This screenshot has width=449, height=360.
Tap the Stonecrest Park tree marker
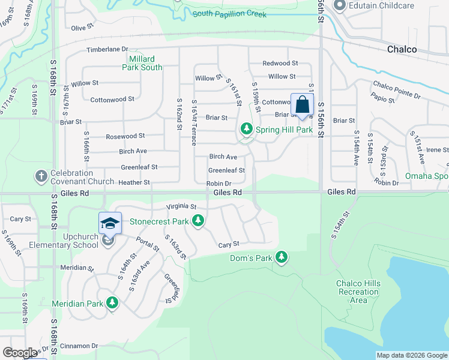click(x=198, y=222)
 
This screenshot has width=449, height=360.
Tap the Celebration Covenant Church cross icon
click(x=41, y=176)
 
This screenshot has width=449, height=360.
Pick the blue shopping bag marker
click(x=302, y=105)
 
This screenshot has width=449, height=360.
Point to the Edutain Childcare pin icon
click(x=339, y=6)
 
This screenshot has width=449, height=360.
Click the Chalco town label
click(x=402, y=49)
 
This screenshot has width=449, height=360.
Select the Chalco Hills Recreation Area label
click(x=358, y=292)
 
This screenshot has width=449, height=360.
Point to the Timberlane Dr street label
click(x=107, y=49)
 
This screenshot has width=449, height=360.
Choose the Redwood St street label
click(x=280, y=63)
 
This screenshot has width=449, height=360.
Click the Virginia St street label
click(x=182, y=206)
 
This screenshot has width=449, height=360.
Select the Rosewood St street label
click(x=125, y=137)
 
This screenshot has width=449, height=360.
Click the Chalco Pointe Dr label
click(x=397, y=90)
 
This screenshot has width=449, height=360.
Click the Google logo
click(x=20, y=353)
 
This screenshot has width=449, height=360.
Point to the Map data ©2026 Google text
click(x=411, y=355)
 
